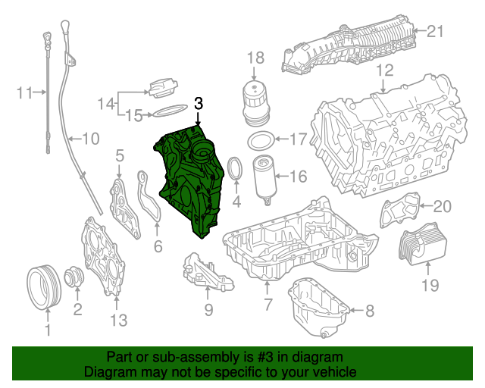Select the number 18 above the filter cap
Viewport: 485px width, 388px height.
pos(255,58)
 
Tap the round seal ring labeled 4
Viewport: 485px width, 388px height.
pos(235,171)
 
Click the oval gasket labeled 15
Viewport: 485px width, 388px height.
pos(169,113)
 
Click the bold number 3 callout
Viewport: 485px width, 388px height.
pos(199,103)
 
